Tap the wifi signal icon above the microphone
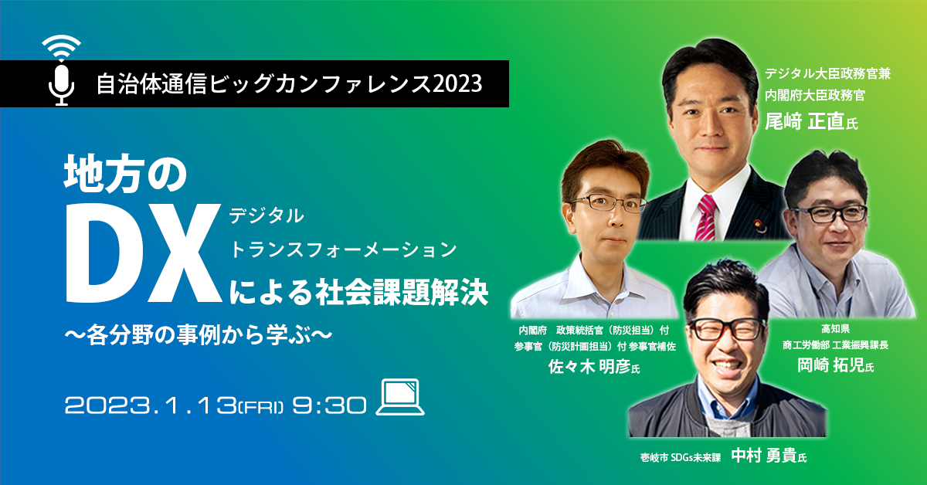(61, 47)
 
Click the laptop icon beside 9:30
(400, 397)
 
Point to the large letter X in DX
(183, 253)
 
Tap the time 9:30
(329, 405)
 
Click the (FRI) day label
(261, 407)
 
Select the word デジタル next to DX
(267, 216)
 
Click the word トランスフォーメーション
(343, 249)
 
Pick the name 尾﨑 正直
(804, 121)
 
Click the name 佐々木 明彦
(589, 366)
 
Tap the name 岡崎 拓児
(830, 365)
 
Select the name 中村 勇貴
(764, 455)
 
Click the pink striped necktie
(707, 218)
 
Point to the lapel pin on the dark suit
(758, 223)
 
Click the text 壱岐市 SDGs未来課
(681, 457)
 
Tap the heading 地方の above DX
(125, 175)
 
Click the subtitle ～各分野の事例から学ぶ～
(199, 334)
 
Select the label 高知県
(836, 329)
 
